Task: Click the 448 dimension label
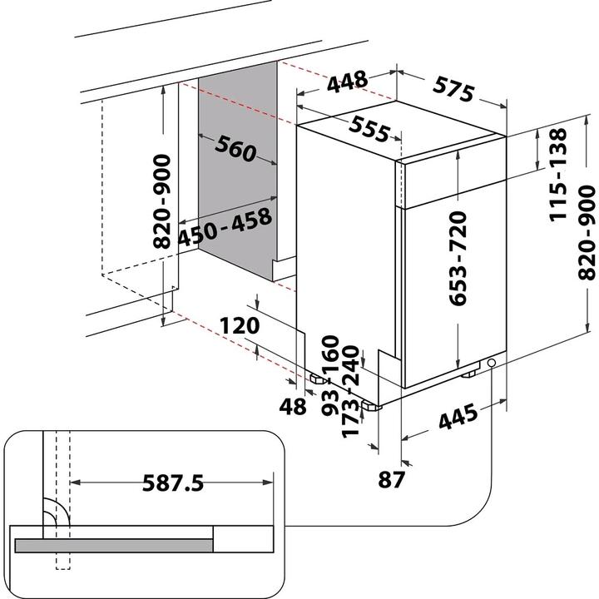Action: coord(347,82)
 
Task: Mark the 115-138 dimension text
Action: coord(557,175)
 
